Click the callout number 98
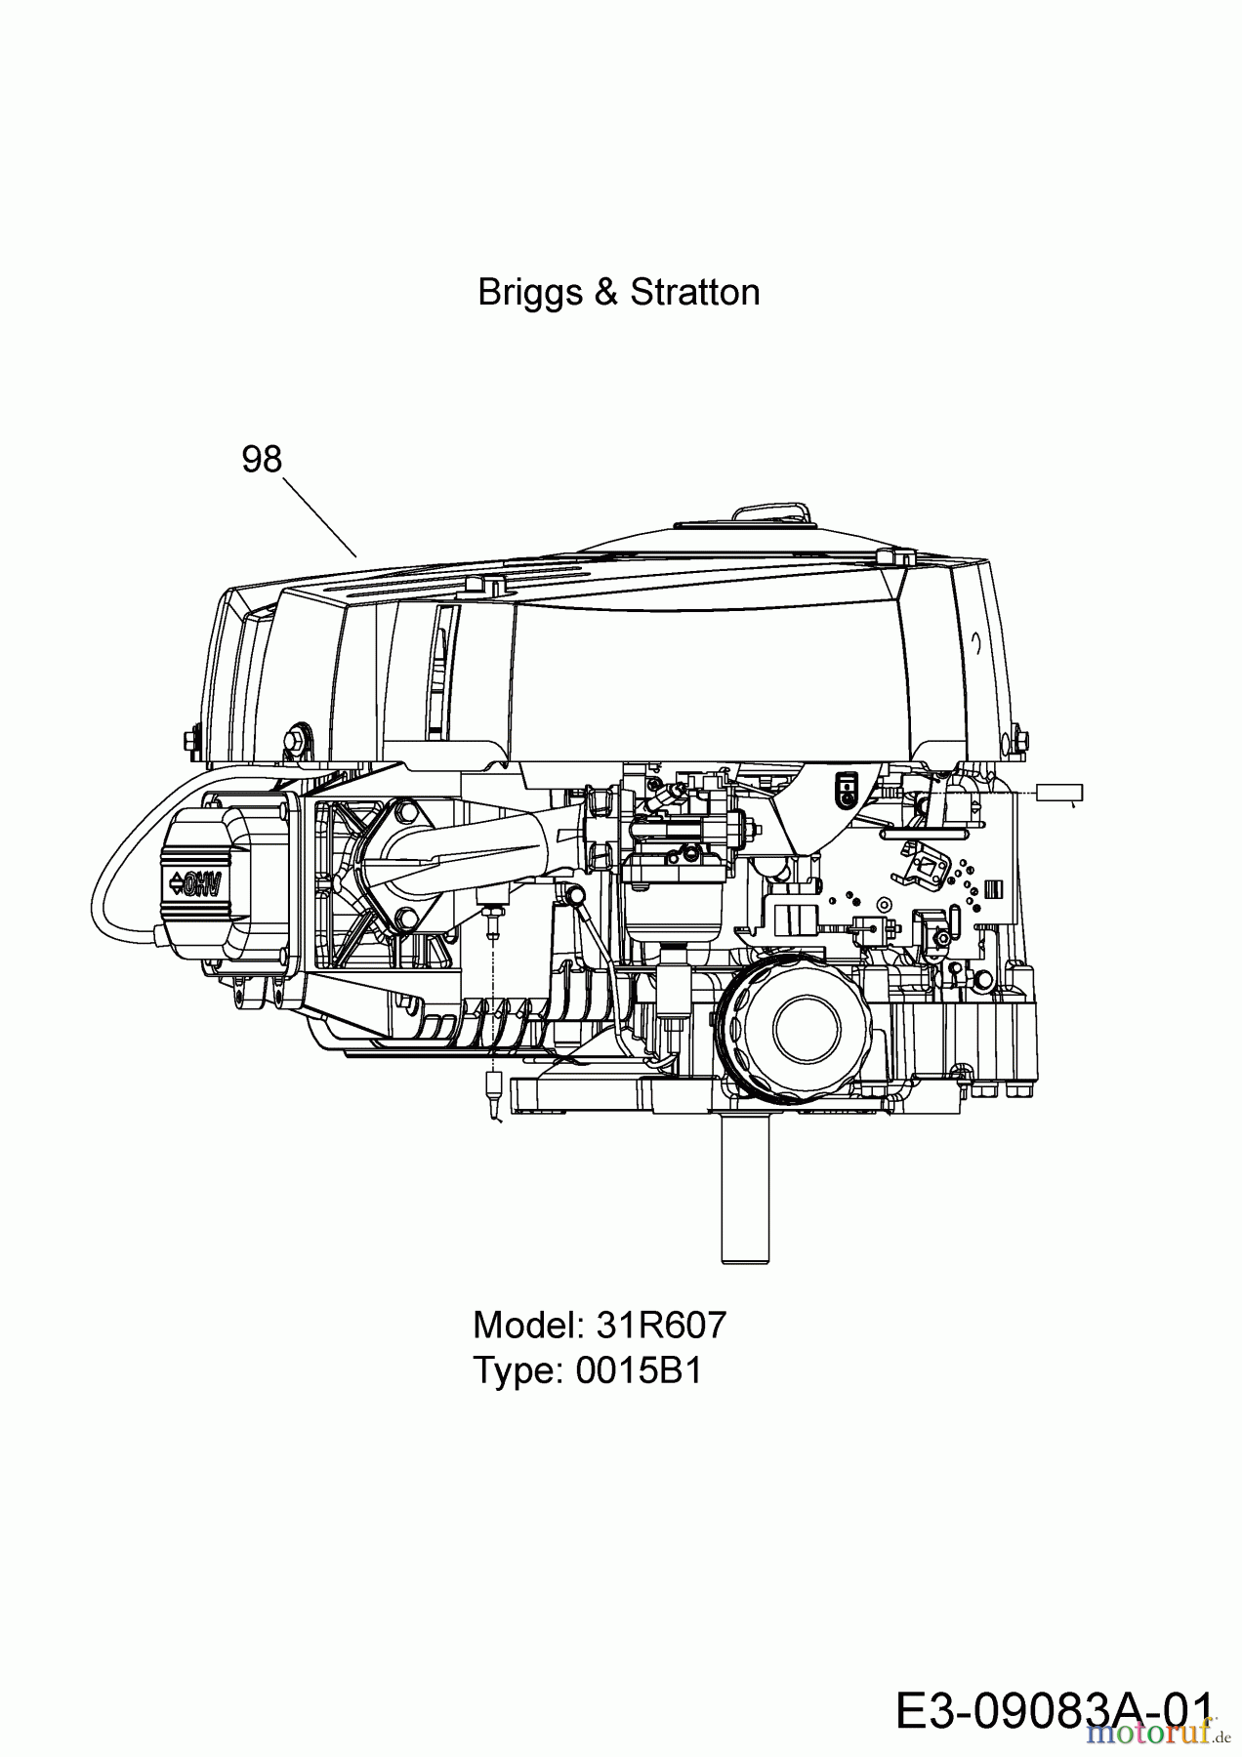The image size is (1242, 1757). (x=262, y=459)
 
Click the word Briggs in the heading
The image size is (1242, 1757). (x=529, y=293)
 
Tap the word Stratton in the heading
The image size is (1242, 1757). (x=695, y=292)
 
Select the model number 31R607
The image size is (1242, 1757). (x=660, y=1325)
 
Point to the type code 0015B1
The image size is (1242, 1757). (x=639, y=1370)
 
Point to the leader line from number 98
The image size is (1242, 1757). (x=321, y=517)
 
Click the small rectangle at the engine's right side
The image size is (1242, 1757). (x=1059, y=792)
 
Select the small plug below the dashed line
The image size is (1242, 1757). (x=494, y=1089)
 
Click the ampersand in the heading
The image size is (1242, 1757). (x=606, y=293)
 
